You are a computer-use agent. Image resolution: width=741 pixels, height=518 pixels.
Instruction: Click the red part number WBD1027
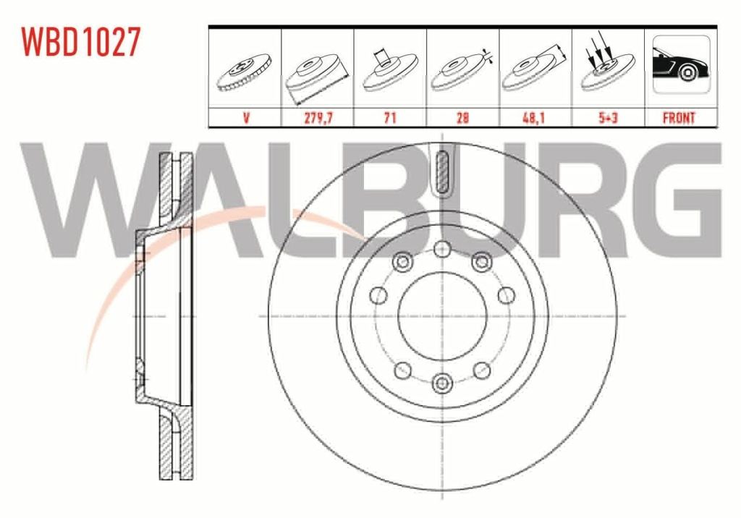tap(81, 42)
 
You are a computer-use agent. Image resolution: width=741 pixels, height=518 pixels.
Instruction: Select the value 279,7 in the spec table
tap(318, 118)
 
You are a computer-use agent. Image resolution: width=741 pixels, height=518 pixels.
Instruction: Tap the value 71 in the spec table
tap(390, 118)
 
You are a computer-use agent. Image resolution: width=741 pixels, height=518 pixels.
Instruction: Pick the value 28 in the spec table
tap(462, 118)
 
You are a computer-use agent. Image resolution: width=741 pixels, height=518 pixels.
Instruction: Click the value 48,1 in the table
tap(533, 118)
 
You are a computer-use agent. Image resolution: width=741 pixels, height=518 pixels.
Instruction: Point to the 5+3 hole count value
tap(608, 118)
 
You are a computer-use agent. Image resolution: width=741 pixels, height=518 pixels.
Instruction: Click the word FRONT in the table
tap(679, 118)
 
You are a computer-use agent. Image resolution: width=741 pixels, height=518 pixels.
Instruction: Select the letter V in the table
tap(246, 118)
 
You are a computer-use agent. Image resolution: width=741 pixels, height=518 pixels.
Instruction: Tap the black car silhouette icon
tap(681, 64)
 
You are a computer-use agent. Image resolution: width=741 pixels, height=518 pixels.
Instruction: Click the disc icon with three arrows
tap(607, 66)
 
